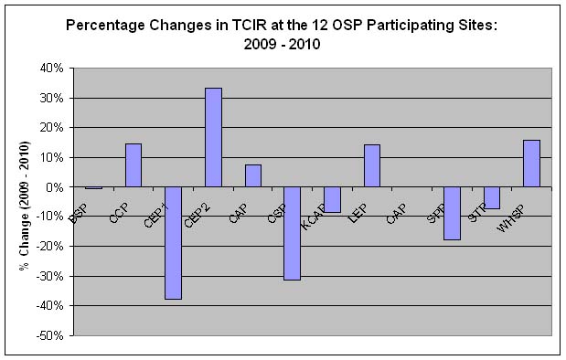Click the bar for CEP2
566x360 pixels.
coord(213,137)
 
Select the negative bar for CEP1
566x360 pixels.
coord(173,242)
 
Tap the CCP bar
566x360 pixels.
coord(133,165)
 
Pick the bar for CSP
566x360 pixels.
coord(293,233)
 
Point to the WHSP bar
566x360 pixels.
coord(531,164)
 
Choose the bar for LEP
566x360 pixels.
coord(372,165)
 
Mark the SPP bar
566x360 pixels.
coord(452,213)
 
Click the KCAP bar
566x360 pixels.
coord(332,199)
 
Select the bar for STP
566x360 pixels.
coord(492,197)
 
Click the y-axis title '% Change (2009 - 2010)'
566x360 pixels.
coord(25,206)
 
